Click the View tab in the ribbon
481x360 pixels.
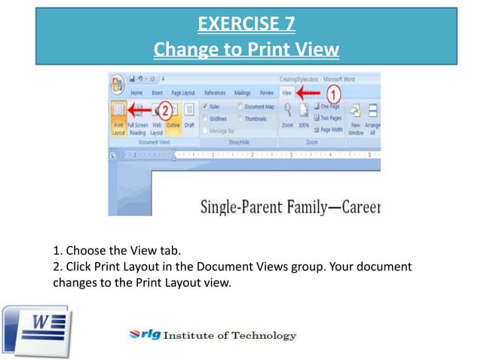286,93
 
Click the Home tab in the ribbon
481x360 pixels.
136,93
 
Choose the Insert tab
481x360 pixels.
157,93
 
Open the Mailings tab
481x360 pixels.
241,93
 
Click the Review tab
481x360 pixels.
266,93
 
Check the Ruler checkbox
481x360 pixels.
207,107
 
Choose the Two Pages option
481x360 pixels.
329,118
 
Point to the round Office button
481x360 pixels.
118,83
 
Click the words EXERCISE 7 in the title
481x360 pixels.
246,25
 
